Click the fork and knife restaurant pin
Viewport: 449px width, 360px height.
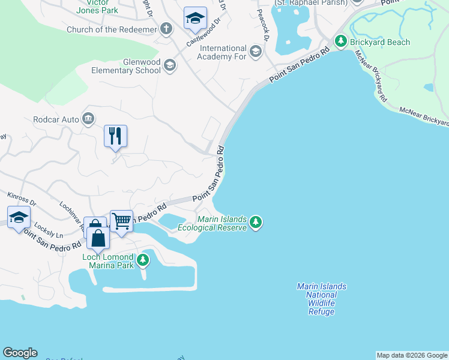(x=115, y=136)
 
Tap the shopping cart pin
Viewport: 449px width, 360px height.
(x=121, y=221)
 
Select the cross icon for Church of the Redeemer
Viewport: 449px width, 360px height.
(x=166, y=29)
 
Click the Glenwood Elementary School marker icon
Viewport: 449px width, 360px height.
(x=170, y=65)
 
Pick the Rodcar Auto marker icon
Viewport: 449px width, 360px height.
(x=89, y=119)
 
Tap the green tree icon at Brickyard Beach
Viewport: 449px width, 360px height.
(x=341, y=42)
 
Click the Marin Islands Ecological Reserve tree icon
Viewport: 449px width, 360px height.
(x=256, y=223)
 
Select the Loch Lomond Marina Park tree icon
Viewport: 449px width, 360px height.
(x=143, y=260)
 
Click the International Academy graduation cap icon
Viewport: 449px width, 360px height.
(x=256, y=52)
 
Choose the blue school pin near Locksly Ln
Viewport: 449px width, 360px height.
(x=19, y=217)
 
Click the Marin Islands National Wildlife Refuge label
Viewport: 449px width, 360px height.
(x=321, y=299)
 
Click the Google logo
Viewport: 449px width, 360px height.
(x=20, y=353)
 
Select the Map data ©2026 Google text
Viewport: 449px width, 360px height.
(x=411, y=355)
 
